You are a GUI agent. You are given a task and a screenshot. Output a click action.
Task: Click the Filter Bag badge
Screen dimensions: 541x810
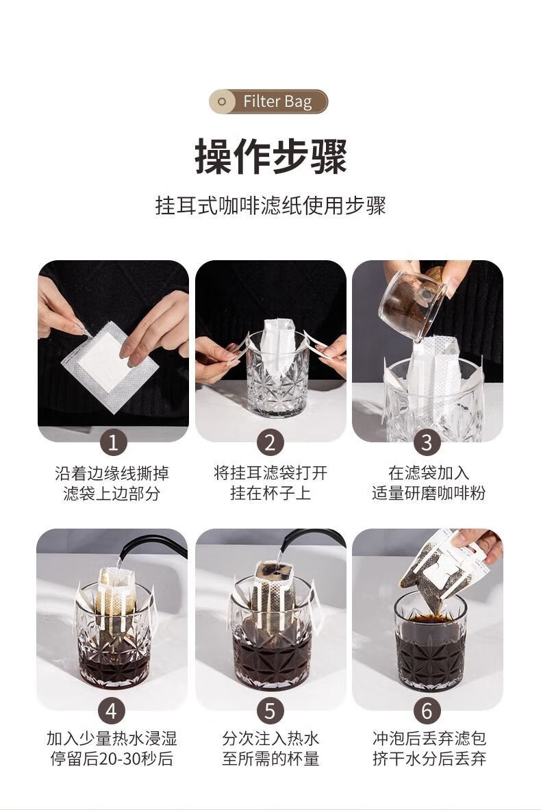pyautogui.click(x=268, y=101)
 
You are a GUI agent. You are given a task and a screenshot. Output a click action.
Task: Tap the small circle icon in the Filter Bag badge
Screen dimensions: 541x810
pyautogui.click(x=222, y=101)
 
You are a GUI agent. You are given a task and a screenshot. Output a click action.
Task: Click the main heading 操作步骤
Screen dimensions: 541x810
pyautogui.click(x=270, y=157)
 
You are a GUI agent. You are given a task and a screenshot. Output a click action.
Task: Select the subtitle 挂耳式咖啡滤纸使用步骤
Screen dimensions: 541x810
pyautogui.click(x=270, y=205)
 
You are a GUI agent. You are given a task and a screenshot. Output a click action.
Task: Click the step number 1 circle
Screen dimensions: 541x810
pyautogui.click(x=113, y=443)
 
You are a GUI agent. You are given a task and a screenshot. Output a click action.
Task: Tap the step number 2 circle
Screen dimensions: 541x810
pyautogui.click(x=270, y=443)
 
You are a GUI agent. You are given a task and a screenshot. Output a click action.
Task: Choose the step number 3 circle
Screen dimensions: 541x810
pyautogui.click(x=427, y=443)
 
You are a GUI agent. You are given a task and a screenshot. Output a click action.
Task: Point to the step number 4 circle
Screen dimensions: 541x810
pyautogui.click(x=112, y=711)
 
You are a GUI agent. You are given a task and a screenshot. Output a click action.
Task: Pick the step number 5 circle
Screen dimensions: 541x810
pyautogui.click(x=270, y=711)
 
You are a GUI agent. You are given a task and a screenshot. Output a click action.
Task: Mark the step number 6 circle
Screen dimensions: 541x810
pyautogui.click(x=427, y=711)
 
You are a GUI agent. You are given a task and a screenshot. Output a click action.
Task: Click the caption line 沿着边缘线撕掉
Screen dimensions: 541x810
pyautogui.click(x=112, y=473)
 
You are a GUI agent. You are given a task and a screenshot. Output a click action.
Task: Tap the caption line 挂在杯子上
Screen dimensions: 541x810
pyautogui.click(x=270, y=494)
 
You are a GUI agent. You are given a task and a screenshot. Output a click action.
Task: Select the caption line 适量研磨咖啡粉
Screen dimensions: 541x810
pyautogui.click(x=429, y=494)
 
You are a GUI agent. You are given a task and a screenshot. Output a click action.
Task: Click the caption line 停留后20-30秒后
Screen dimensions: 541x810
pyautogui.click(x=112, y=759)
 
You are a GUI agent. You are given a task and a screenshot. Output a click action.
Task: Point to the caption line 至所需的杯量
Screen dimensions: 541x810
pyautogui.click(x=270, y=759)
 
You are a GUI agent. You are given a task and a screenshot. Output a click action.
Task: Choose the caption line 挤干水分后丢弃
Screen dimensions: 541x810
pyautogui.click(x=429, y=759)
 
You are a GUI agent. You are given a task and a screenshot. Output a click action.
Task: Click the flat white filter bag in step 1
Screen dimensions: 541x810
pyautogui.click(x=110, y=366)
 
